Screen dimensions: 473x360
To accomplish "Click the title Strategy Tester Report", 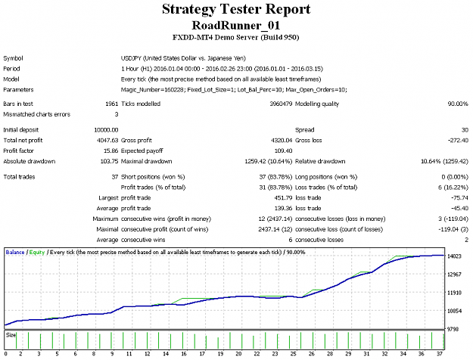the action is click(236, 9).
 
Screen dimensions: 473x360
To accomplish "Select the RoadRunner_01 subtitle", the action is click(236, 25).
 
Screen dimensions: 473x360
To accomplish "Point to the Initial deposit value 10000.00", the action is click(106, 130).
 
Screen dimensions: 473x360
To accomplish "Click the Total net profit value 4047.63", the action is click(107, 141).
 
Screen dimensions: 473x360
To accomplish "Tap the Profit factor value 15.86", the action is click(111, 151).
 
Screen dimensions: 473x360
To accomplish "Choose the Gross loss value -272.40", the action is click(458, 141).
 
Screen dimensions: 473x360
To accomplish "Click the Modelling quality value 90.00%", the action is click(458, 104).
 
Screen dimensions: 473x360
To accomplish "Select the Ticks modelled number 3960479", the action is click(281, 104).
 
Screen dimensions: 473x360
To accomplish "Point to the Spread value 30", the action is click(465, 130).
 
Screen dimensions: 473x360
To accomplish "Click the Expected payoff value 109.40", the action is click(283, 151).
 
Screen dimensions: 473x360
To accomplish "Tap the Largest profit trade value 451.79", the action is click(283, 198).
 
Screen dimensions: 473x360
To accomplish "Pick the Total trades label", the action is click(19, 177).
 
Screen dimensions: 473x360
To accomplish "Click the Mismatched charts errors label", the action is click(37, 114).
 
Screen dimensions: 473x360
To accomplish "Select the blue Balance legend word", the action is click(15, 253).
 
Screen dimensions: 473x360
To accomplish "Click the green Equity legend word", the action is click(37, 253).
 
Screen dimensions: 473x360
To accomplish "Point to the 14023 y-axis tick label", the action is click(454, 256).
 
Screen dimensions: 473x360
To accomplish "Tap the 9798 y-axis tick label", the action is click(453, 329).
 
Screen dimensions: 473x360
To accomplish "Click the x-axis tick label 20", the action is click(238, 354).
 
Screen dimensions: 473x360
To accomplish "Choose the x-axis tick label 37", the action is click(440, 354).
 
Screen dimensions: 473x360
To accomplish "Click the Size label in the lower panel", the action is click(11, 335).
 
